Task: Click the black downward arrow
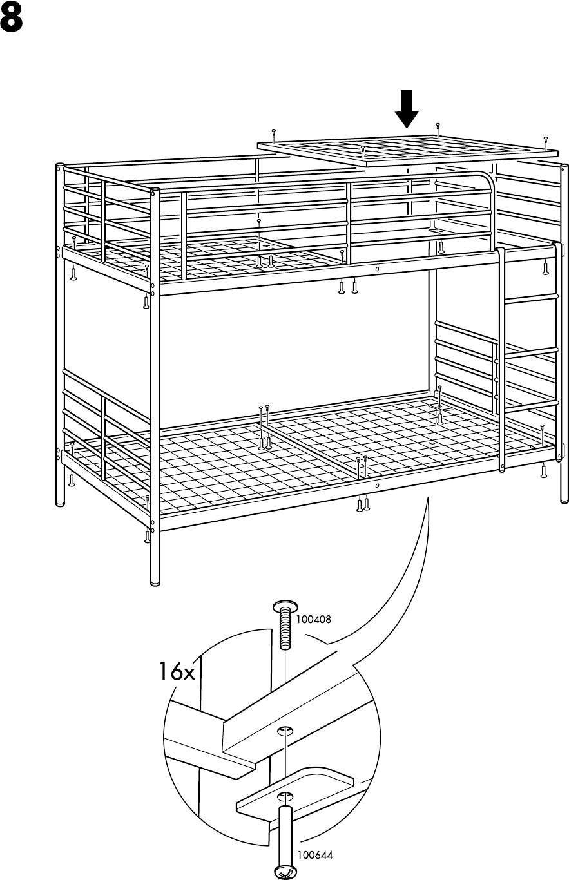(x=407, y=110)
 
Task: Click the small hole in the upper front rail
(x=376, y=269)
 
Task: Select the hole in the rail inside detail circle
(x=284, y=731)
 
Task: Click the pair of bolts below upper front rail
(x=348, y=287)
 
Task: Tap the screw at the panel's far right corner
(x=545, y=139)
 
